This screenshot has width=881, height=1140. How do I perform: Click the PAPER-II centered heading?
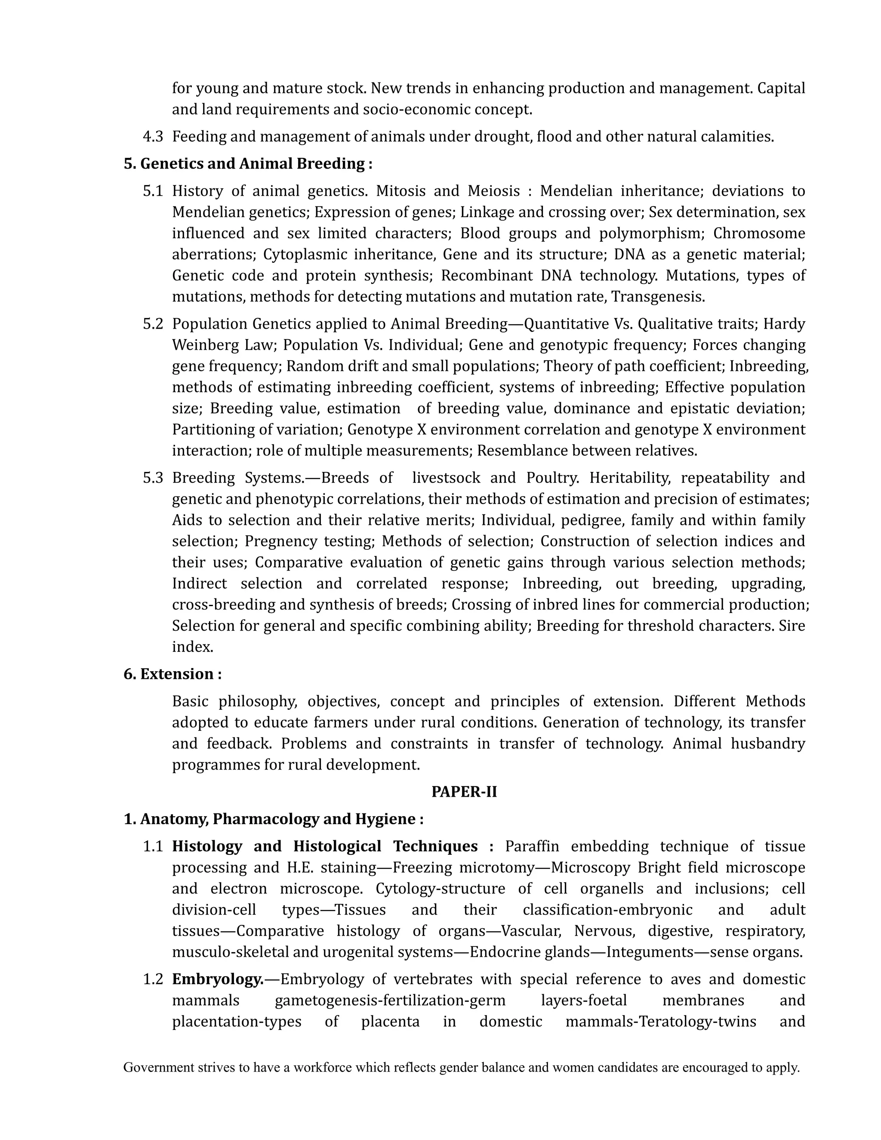click(x=464, y=792)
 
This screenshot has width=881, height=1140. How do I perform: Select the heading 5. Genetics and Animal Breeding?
click(x=248, y=163)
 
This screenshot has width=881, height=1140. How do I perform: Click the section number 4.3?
click(x=153, y=137)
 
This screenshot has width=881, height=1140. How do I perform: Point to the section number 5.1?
click(x=153, y=191)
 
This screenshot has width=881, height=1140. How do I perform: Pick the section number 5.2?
click(x=153, y=324)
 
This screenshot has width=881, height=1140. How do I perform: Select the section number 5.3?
click(x=153, y=478)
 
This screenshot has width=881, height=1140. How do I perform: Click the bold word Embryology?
click(x=218, y=979)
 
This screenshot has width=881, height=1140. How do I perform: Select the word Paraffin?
click(x=532, y=846)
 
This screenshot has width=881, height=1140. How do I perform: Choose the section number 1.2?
click(x=153, y=979)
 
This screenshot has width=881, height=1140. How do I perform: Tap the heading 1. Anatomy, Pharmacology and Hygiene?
click(x=274, y=819)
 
